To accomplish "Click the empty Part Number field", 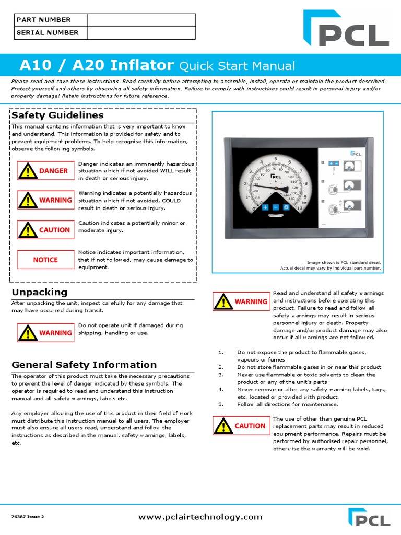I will pos(141,20).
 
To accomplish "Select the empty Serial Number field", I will pos(141,33).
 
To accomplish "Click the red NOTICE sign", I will pos(45,260).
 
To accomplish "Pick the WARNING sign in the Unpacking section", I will pos(45,333).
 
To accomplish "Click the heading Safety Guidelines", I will pos(57,115).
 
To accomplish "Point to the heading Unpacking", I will pos(40,292).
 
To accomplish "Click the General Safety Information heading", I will pos(84,365).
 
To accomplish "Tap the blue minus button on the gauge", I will pos(276,207).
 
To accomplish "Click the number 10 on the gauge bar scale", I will pos(299,208).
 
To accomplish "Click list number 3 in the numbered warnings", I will pos(220,375).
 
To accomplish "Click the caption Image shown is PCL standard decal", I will pos(344,262).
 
